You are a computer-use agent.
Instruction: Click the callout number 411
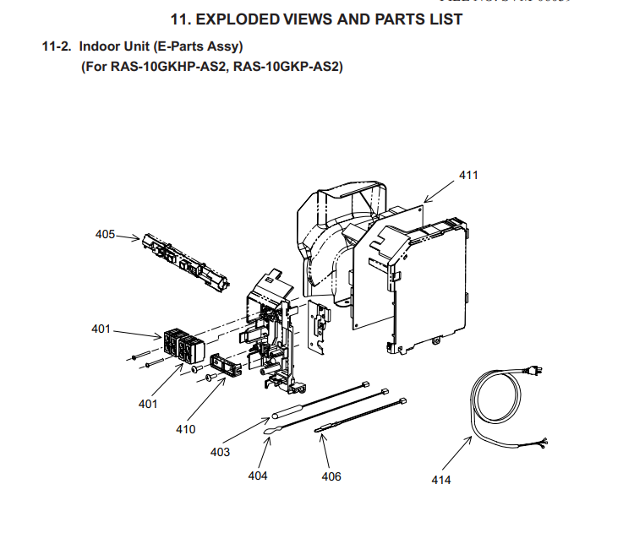pos(468,175)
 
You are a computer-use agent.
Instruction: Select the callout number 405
pos(105,235)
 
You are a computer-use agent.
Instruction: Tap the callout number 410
pos(185,429)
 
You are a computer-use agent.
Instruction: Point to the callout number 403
pos(220,452)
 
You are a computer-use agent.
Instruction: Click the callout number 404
pos(258,476)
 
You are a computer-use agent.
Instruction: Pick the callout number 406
pos(331,476)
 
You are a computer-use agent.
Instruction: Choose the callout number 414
pos(440,480)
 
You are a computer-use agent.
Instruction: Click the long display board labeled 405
pos(185,262)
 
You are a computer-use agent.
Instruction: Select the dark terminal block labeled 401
pos(184,347)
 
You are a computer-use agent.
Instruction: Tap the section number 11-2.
pos(57,46)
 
